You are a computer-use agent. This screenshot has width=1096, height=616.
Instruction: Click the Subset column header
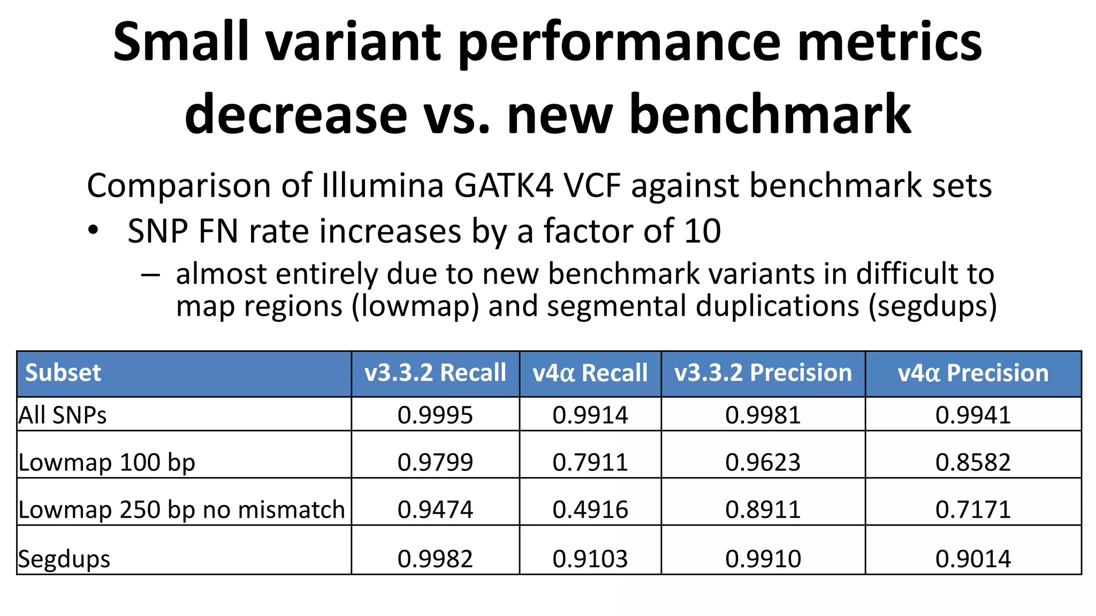click(63, 373)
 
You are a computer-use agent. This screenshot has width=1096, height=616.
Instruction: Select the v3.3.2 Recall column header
click(435, 373)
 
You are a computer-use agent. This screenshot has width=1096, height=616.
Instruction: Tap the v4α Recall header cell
click(590, 373)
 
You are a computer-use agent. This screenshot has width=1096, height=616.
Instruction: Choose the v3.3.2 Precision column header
click(763, 373)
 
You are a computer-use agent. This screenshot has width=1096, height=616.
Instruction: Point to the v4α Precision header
click(973, 373)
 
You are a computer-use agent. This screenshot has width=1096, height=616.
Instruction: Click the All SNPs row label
click(63, 415)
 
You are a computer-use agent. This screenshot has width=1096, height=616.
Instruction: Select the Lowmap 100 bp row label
click(106, 462)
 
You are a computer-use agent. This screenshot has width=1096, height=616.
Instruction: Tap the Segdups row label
click(64, 559)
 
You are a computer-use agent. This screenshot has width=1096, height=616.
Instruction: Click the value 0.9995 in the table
click(435, 415)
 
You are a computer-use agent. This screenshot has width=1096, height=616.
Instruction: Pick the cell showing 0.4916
click(590, 509)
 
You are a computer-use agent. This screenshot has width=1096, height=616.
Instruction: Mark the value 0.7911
click(590, 462)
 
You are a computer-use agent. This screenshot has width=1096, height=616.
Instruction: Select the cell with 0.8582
click(973, 462)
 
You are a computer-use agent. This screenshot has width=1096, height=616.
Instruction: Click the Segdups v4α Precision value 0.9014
click(973, 559)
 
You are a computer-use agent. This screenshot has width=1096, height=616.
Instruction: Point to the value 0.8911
click(763, 509)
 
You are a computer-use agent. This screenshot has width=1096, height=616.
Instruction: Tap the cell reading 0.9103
click(590, 559)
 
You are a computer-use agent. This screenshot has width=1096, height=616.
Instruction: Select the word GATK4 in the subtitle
click(504, 186)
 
